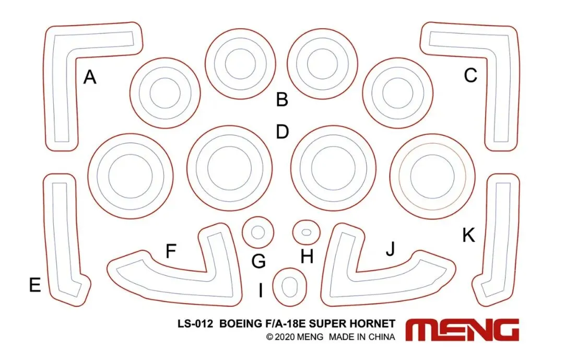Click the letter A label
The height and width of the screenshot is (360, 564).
click(90, 77)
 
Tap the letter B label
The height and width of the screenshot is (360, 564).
click(282, 99)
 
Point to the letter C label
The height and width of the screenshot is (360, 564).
click(471, 76)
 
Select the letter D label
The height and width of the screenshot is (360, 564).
click(283, 132)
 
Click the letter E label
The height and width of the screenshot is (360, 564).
click(35, 285)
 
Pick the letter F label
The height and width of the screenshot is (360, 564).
click(171, 251)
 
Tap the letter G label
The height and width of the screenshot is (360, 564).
click(258, 261)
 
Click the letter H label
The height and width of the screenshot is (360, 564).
click(307, 257)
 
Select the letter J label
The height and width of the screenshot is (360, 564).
click(390, 248)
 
